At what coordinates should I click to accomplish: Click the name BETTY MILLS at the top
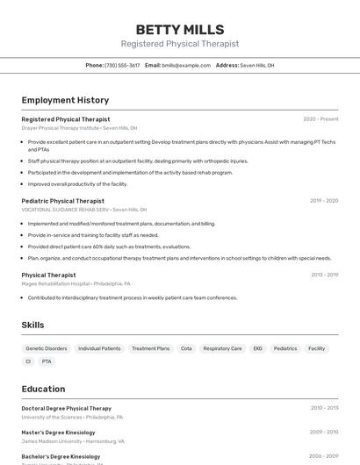click(179, 30)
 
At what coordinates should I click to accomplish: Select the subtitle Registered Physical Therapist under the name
click(179, 44)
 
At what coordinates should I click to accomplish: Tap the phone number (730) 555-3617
click(122, 65)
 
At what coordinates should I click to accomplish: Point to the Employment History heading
click(65, 100)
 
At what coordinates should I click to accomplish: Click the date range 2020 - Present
click(320, 119)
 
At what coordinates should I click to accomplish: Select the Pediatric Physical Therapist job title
click(62, 201)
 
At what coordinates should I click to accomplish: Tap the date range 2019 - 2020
click(324, 201)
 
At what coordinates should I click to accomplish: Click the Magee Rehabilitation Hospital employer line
click(76, 284)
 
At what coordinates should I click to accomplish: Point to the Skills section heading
click(32, 325)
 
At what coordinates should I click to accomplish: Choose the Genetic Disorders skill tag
click(47, 348)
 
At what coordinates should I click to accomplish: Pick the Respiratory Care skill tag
click(222, 348)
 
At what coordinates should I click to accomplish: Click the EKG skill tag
click(257, 348)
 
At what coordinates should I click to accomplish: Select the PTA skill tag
click(47, 361)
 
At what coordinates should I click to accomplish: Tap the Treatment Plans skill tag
click(150, 348)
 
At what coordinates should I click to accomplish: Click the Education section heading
click(43, 389)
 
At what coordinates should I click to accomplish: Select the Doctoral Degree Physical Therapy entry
click(67, 408)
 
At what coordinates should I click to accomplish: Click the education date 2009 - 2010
click(324, 432)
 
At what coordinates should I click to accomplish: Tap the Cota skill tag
click(186, 348)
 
